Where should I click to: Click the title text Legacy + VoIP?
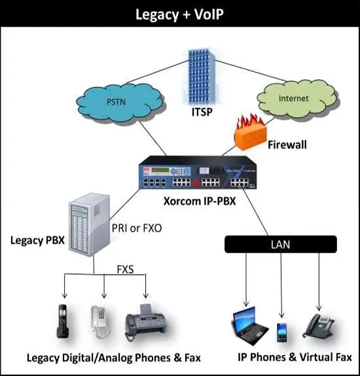tap(179, 14)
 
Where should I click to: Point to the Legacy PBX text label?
tap(37, 239)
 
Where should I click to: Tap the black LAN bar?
tap(281, 245)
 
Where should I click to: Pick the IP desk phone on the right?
tap(320, 324)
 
